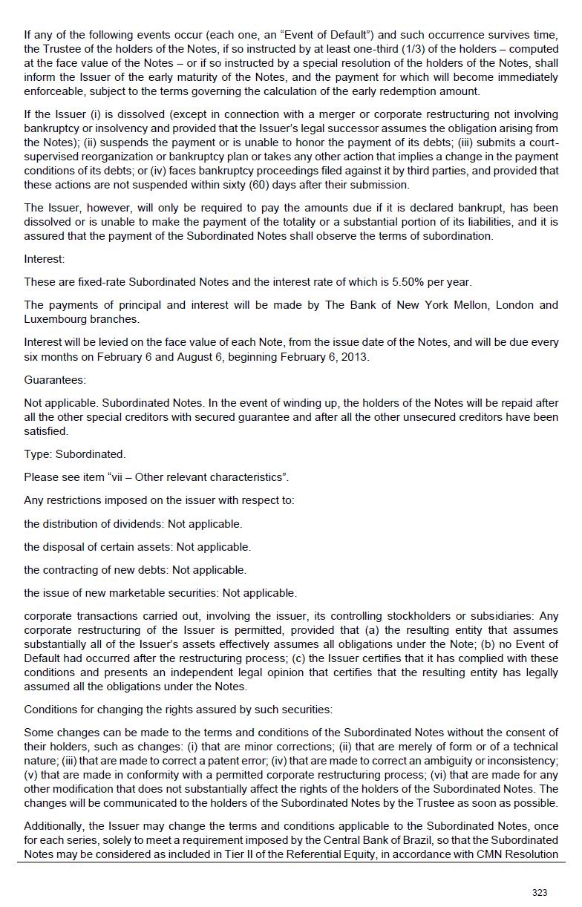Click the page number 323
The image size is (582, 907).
[540, 892]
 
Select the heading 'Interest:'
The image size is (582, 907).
[45, 259]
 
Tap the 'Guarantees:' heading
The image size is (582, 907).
[55, 380]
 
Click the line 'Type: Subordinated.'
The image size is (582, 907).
[75, 454]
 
